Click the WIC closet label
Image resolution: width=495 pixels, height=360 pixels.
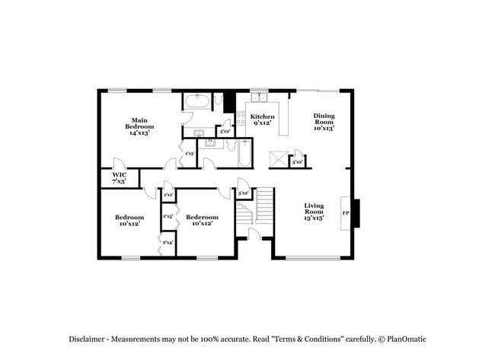click(119, 174)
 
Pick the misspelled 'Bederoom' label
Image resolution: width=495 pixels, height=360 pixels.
click(202, 217)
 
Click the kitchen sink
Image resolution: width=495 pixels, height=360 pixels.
click(260, 97)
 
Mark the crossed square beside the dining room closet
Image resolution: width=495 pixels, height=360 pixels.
click(278, 161)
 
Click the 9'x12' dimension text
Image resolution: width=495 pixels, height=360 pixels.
click(263, 123)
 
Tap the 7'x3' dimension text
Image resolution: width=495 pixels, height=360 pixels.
click(119, 182)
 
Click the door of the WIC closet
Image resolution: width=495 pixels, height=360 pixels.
click(118, 165)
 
